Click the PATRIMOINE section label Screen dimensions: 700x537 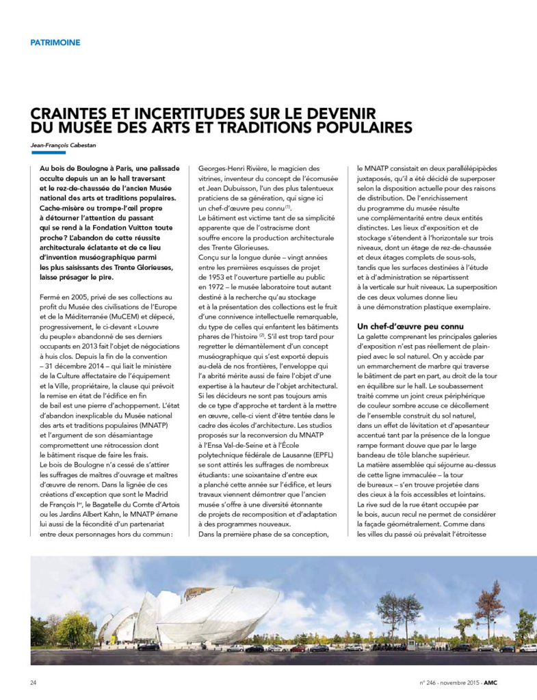point(55,42)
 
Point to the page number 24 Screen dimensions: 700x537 point(34,682)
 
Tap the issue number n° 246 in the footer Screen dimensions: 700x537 point(431,682)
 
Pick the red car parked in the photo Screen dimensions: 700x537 point(298,648)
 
